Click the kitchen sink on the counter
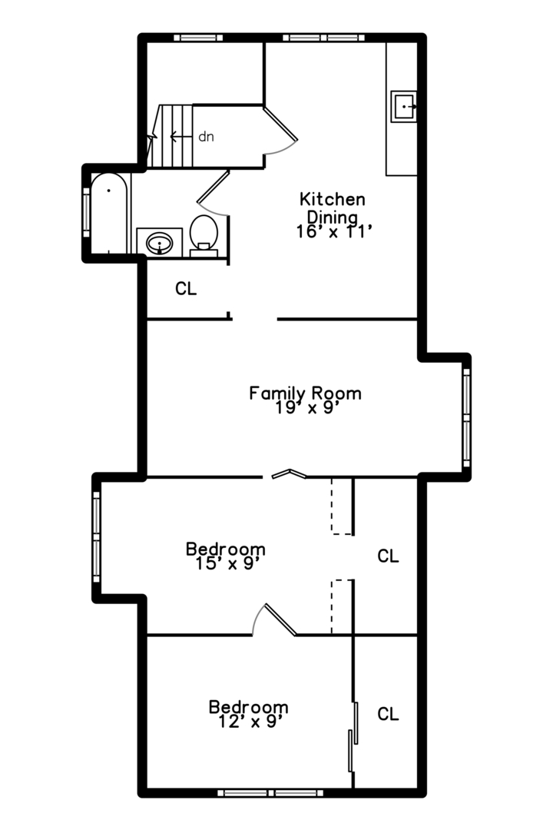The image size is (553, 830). [404, 106]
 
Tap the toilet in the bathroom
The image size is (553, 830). [204, 236]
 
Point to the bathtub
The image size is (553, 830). [109, 214]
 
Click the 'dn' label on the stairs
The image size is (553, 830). [206, 137]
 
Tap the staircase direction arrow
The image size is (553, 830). [181, 137]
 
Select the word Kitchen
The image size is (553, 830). [333, 199]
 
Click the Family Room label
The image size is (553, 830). [306, 393]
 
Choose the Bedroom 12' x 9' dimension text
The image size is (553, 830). [248, 722]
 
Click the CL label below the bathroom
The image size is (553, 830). [186, 288]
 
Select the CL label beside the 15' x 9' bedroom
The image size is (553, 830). [388, 556]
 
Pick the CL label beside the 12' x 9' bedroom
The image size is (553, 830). [388, 714]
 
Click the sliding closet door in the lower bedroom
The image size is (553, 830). [353, 736]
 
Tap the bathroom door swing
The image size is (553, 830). [213, 193]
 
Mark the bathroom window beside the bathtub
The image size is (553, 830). [86, 212]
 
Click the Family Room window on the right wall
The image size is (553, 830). [466, 417]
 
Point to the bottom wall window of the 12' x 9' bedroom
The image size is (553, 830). [270, 793]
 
